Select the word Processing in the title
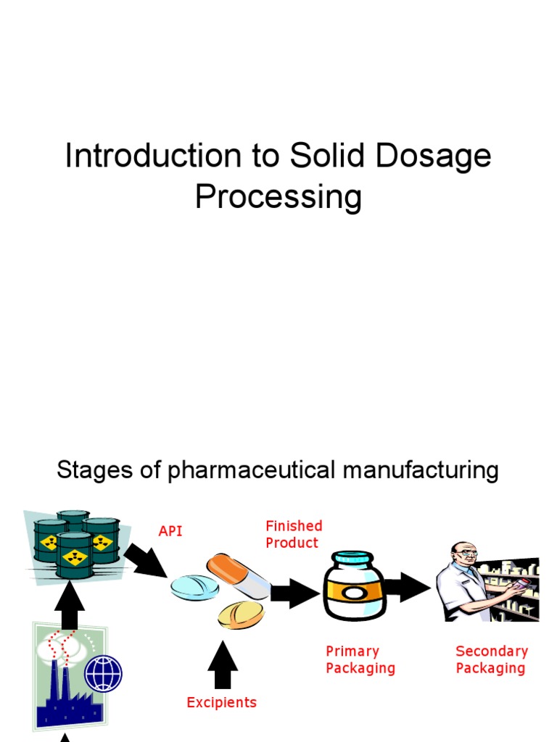pos(278,198)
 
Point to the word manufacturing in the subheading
pos(421,471)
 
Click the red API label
pos(170,532)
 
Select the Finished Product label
pos(293,534)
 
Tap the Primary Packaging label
pos(360,659)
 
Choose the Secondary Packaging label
pos(491,659)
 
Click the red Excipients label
pos(221,702)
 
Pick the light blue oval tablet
pos(194,588)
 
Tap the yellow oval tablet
pos(242,614)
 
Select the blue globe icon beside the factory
pos(104,674)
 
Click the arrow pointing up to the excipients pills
pos(223,663)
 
